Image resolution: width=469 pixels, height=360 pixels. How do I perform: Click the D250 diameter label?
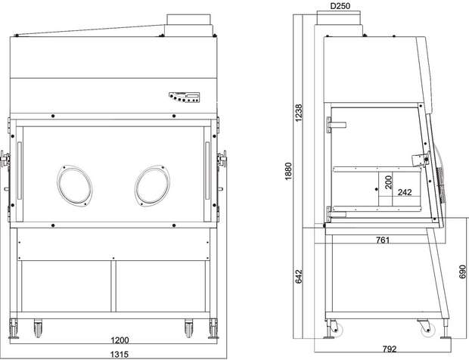click(340, 6)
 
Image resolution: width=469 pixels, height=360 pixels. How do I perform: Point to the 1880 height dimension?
click(288, 172)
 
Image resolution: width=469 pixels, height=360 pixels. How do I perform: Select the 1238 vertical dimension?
click(299, 113)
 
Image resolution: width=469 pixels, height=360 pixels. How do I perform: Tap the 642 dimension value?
click(299, 277)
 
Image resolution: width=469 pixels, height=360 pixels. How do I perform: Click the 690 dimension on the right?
click(462, 272)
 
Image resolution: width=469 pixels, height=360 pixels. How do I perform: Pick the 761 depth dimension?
click(383, 240)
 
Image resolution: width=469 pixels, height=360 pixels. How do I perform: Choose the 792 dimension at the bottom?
click(390, 349)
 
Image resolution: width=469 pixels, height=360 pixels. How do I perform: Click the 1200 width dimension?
click(120, 340)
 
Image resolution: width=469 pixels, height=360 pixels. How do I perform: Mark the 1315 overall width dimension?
click(120, 354)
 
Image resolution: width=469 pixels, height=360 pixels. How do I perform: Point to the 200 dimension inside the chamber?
click(388, 182)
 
